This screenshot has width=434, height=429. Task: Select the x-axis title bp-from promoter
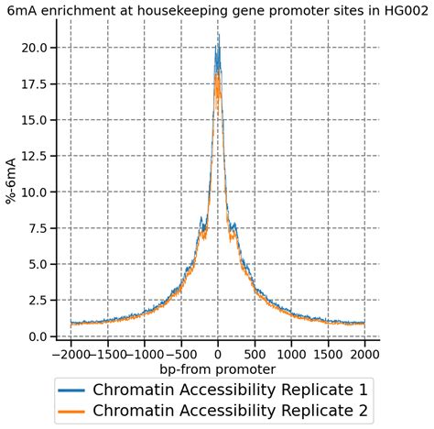[x=217, y=369]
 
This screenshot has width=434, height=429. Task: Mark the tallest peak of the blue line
[x=218, y=35]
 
